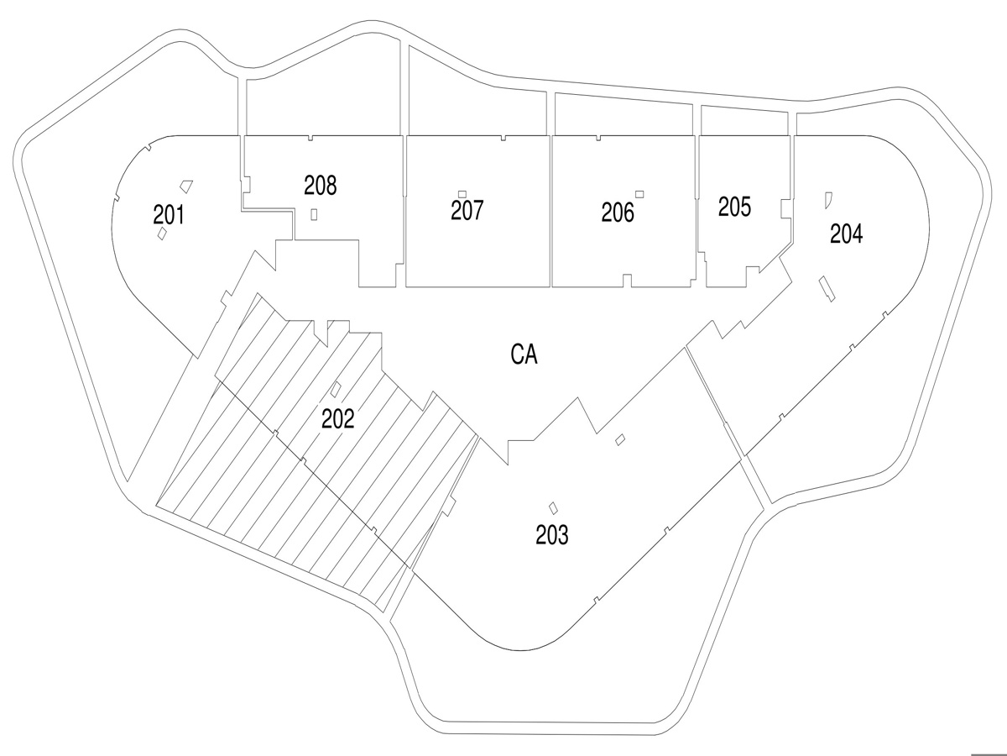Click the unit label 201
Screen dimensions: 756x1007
click(169, 215)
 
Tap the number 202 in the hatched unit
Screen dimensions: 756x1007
click(338, 418)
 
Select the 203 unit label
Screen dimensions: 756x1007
click(552, 535)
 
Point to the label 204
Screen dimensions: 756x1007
click(846, 234)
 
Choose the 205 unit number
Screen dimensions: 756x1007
click(734, 207)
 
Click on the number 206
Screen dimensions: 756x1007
click(618, 213)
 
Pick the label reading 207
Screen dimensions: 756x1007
click(467, 210)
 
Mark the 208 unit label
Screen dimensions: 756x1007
click(321, 185)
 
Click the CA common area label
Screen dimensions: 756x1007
click(524, 355)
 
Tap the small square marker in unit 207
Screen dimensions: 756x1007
click(462, 194)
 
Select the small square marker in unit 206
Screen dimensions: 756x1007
click(639, 194)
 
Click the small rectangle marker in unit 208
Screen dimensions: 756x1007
click(314, 213)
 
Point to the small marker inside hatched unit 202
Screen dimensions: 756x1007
click(337, 389)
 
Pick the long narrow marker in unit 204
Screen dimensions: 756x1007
click(827, 287)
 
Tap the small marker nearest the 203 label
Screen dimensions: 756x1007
click(553, 507)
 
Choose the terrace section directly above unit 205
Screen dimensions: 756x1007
click(745, 122)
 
